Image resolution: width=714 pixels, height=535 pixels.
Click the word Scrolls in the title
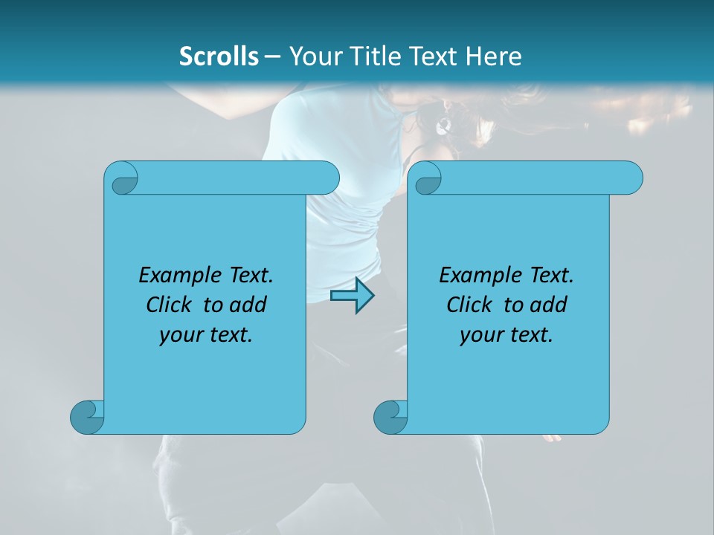point(219,56)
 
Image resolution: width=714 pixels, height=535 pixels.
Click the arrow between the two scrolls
point(352,296)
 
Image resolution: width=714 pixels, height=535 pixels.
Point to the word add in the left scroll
point(248,305)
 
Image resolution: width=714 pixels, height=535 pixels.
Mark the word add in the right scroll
point(548,305)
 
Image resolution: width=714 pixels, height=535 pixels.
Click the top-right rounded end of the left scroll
point(327,178)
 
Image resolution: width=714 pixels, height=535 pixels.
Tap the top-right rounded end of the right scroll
point(631,178)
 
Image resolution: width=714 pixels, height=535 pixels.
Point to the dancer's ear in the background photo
point(445,122)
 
